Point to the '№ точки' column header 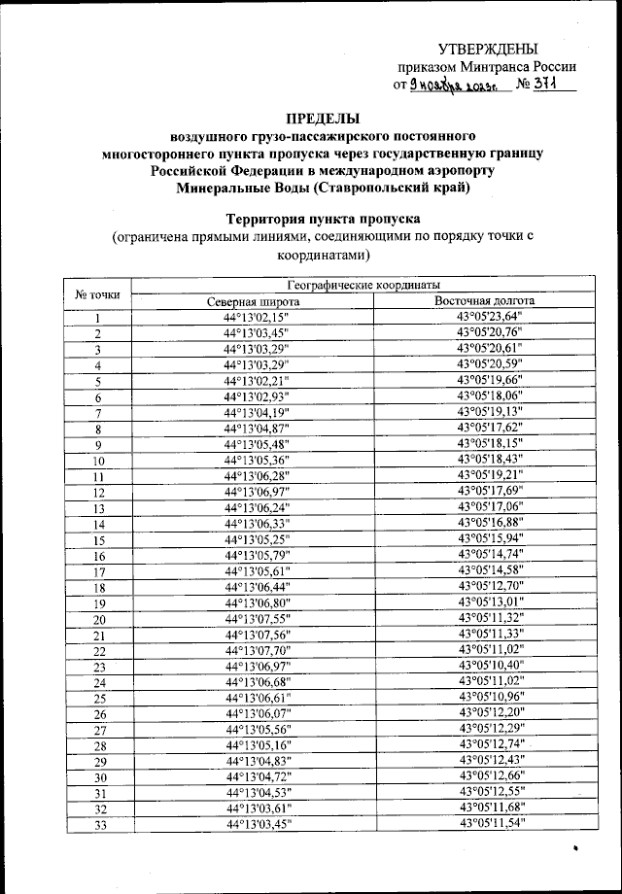click(97, 293)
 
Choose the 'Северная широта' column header click(258, 301)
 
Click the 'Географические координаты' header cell click(363, 285)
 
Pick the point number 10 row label click(98, 461)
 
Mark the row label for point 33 click(98, 825)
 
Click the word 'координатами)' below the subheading click(322, 255)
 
